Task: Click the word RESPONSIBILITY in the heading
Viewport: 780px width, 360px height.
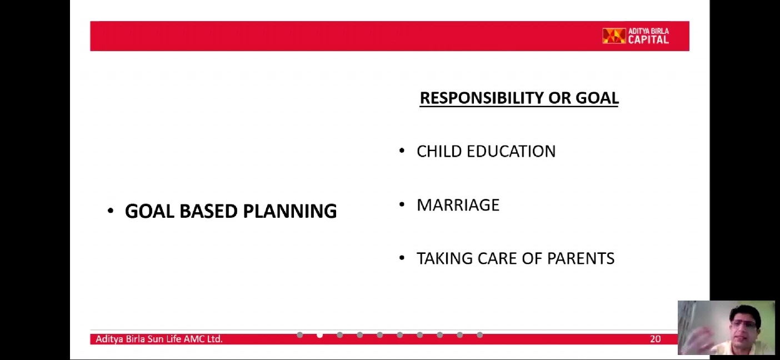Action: [x=481, y=98]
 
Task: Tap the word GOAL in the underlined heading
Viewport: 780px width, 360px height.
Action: [x=597, y=98]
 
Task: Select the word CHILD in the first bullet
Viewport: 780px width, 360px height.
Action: [x=439, y=152]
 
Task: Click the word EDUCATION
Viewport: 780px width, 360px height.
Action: [x=511, y=152]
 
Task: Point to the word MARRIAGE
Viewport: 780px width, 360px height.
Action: [x=458, y=205]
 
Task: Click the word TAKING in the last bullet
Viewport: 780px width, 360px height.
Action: [x=444, y=259]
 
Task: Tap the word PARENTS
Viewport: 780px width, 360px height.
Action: [x=581, y=259]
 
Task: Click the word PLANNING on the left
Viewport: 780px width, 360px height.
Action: [x=289, y=211]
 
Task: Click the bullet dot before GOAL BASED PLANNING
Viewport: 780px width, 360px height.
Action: [x=111, y=211]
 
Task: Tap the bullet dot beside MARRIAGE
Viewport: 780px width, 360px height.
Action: [x=402, y=204]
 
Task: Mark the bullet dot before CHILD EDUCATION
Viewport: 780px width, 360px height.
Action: [x=402, y=151]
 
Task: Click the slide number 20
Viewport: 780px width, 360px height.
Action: [x=655, y=339]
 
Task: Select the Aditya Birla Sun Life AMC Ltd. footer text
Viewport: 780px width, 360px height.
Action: [x=159, y=339]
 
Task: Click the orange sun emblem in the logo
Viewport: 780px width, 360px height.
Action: [x=614, y=36]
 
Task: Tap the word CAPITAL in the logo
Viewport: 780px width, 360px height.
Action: [x=648, y=39]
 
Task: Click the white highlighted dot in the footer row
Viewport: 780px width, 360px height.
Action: [x=319, y=335]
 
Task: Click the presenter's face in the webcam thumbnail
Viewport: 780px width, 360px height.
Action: [x=746, y=325]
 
